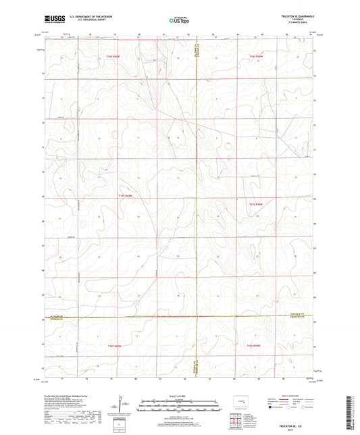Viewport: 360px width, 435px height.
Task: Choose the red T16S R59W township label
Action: click(x=254, y=345)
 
